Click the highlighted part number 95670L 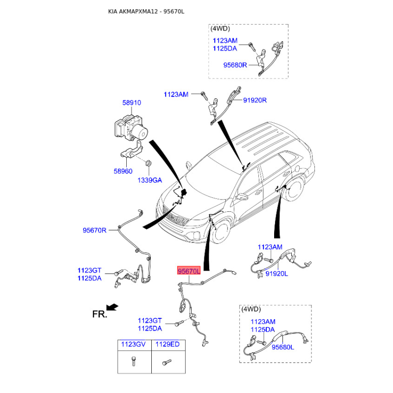pos(189,271)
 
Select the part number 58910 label pos(132,103)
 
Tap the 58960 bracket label pos(123,171)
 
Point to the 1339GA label pos(150,180)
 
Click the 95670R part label pos(94,230)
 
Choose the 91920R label pos(255,100)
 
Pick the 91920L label pos(277,274)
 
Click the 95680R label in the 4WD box pos(235,65)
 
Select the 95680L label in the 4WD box pos(283,347)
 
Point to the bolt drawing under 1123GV pos(134,361)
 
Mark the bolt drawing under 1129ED pos(167,362)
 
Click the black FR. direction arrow pos(112,307)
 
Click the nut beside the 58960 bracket pos(148,164)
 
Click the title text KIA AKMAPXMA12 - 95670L pos(146,11)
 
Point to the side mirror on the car pos(242,196)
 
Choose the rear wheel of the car pos(294,189)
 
